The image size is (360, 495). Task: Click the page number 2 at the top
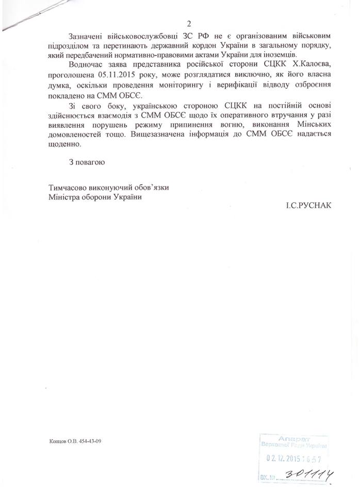pos(189,23)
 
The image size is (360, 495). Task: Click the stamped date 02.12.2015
pos(284,458)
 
